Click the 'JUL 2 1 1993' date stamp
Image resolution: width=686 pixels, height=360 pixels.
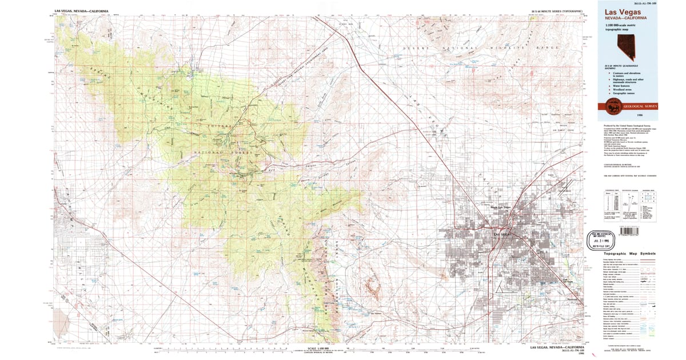pyautogui.click(x=608, y=241)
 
